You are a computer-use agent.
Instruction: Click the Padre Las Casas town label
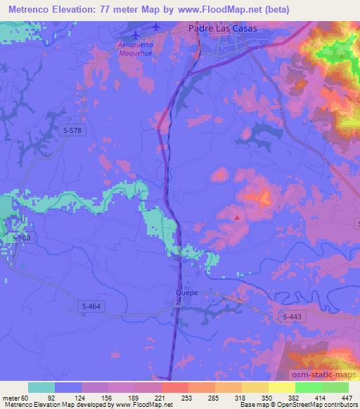(223, 29)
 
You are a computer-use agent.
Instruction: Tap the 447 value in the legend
(348, 397)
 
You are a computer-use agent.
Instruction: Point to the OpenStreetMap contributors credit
(311, 405)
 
